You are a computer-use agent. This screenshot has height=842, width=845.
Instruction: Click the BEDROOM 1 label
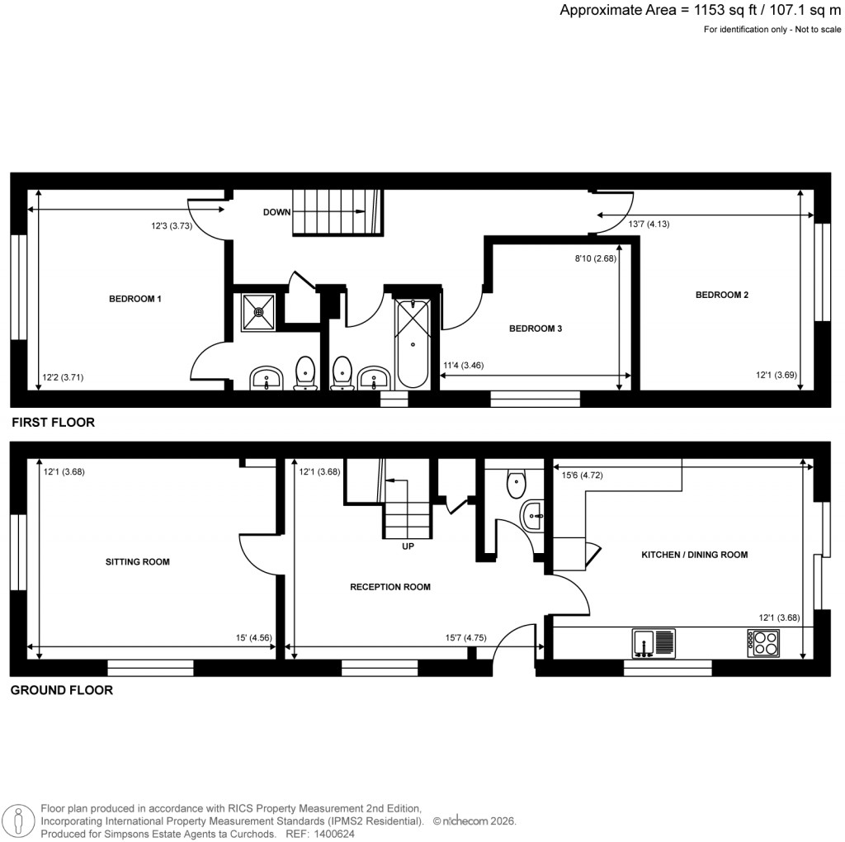pyautogui.click(x=135, y=299)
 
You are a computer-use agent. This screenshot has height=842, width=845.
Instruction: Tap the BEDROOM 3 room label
pyautogui.click(x=536, y=329)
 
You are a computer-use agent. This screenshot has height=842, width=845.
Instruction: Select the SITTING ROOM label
pyautogui.click(x=137, y=562)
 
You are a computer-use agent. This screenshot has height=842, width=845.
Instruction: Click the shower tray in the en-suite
pyautogui.click(x=258, y=312)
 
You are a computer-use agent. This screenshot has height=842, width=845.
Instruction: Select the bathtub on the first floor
pyautogui.click(x=413, y=343)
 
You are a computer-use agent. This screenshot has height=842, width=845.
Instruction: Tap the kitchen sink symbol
pyautogui.click(x=654, y=642)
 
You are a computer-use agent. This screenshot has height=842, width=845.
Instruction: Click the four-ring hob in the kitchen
pyautogui.click(x=763, y=642)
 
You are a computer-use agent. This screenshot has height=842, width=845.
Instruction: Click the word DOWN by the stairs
pyautogui.click(x=276, y=212)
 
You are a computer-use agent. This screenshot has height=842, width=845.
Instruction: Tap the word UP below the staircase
pyautogui.click(x=407, y=546)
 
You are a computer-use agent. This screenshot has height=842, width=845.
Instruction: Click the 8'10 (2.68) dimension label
pyautogui.click(x=596, y=258)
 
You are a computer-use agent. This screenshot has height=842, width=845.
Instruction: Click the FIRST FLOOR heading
pyautogui.click(x=53, y=423)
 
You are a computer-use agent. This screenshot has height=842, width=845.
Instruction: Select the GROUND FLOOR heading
pyautogui.click(x=61, y=690)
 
